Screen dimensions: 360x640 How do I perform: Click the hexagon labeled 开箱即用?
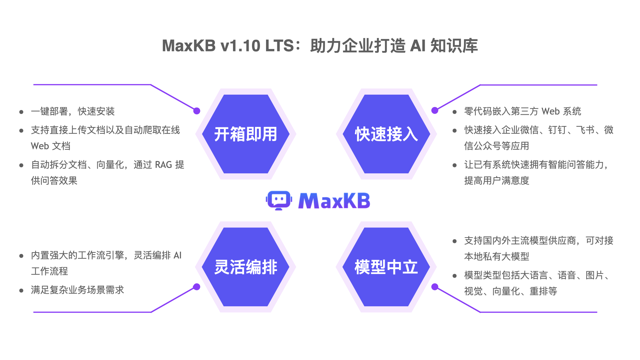246,134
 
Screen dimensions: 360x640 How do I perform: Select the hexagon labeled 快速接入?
386,134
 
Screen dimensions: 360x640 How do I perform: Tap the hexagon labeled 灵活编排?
246,267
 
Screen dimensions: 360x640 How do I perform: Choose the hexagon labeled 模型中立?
386,267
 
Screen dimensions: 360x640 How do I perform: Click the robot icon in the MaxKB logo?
279,200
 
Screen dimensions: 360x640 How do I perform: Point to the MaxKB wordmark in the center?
334,201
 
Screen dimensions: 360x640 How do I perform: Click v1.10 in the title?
240,46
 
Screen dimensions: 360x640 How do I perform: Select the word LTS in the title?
279,46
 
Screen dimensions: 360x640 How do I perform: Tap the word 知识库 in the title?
454,46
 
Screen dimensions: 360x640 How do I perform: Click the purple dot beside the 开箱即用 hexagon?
197,111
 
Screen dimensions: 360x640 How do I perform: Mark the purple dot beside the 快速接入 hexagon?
435,111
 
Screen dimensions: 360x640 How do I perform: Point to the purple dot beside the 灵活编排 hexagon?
197,287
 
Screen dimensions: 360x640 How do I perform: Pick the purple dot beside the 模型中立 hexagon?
435,287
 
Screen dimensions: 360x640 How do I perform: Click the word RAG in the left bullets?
163,165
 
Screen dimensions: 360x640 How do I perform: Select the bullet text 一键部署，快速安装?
73,111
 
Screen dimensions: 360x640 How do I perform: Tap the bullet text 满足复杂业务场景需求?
77,290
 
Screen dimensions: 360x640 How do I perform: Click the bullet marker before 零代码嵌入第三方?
455,112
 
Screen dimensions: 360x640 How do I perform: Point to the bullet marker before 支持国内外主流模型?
455,241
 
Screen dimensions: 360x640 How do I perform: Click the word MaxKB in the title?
189,46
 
